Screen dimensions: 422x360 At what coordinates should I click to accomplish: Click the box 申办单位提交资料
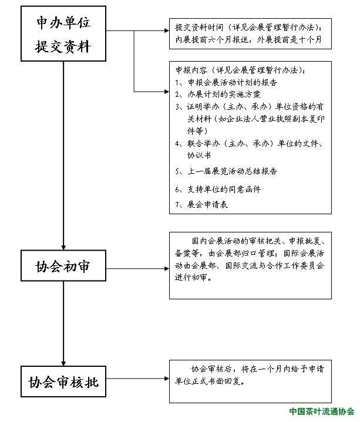pos(63,33)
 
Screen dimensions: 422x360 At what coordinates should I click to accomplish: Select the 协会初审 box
pos(63,268)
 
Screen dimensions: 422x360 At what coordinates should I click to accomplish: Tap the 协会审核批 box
pos(63,383)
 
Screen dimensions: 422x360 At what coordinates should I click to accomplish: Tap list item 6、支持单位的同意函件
pos(218,190)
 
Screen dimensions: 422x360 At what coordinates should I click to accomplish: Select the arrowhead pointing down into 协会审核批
pos(63,362)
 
